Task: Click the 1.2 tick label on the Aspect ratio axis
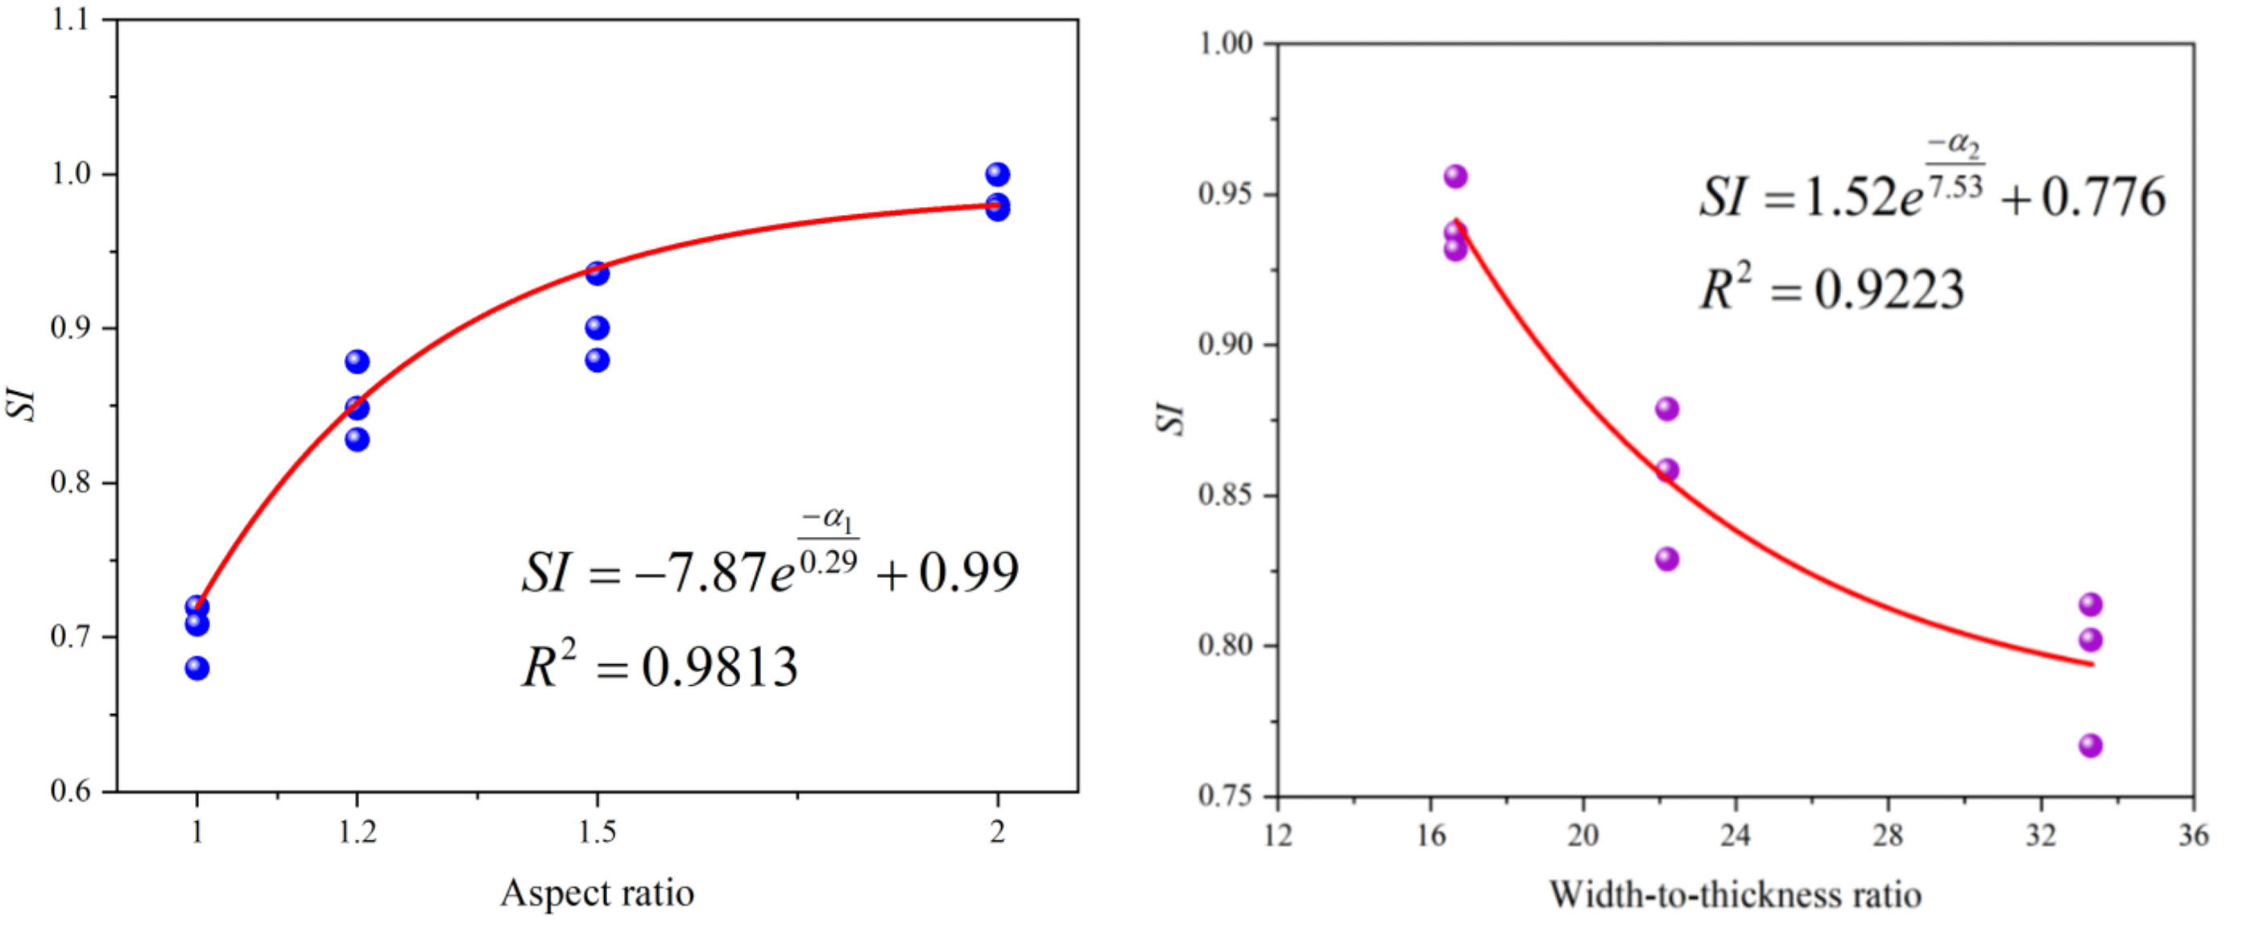357,832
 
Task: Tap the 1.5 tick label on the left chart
597,832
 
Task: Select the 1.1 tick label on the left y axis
71,19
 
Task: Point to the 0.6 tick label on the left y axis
71,791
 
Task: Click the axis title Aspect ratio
597,894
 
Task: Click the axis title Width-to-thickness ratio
1735,895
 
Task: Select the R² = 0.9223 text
1831,289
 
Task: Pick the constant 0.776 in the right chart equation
2104,198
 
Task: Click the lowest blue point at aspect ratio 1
197,668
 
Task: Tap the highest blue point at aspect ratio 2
997,174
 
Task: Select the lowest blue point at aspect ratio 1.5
597,360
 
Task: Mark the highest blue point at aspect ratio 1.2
357,361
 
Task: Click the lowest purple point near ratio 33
2091,745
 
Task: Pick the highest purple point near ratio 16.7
1456,177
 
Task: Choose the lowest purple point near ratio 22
1667,559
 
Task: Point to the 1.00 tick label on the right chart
1225,43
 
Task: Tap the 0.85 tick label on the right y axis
1225,495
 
